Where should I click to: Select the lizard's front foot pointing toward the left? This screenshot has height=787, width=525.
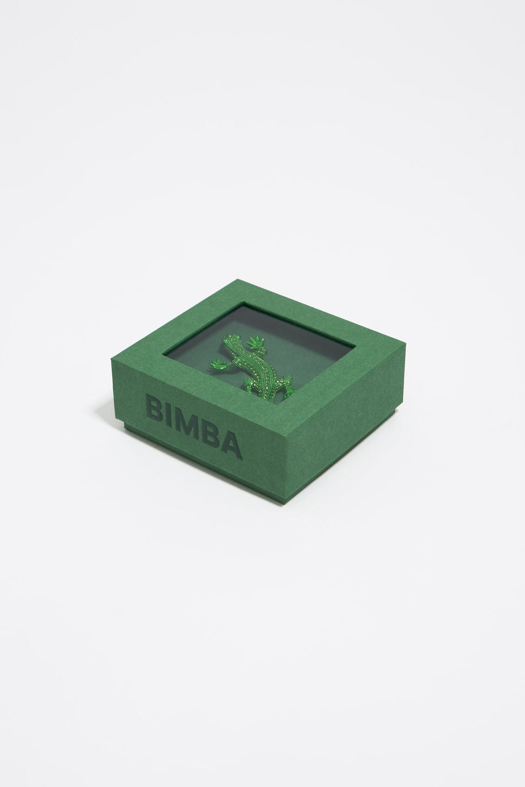(x=219, y=364)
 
